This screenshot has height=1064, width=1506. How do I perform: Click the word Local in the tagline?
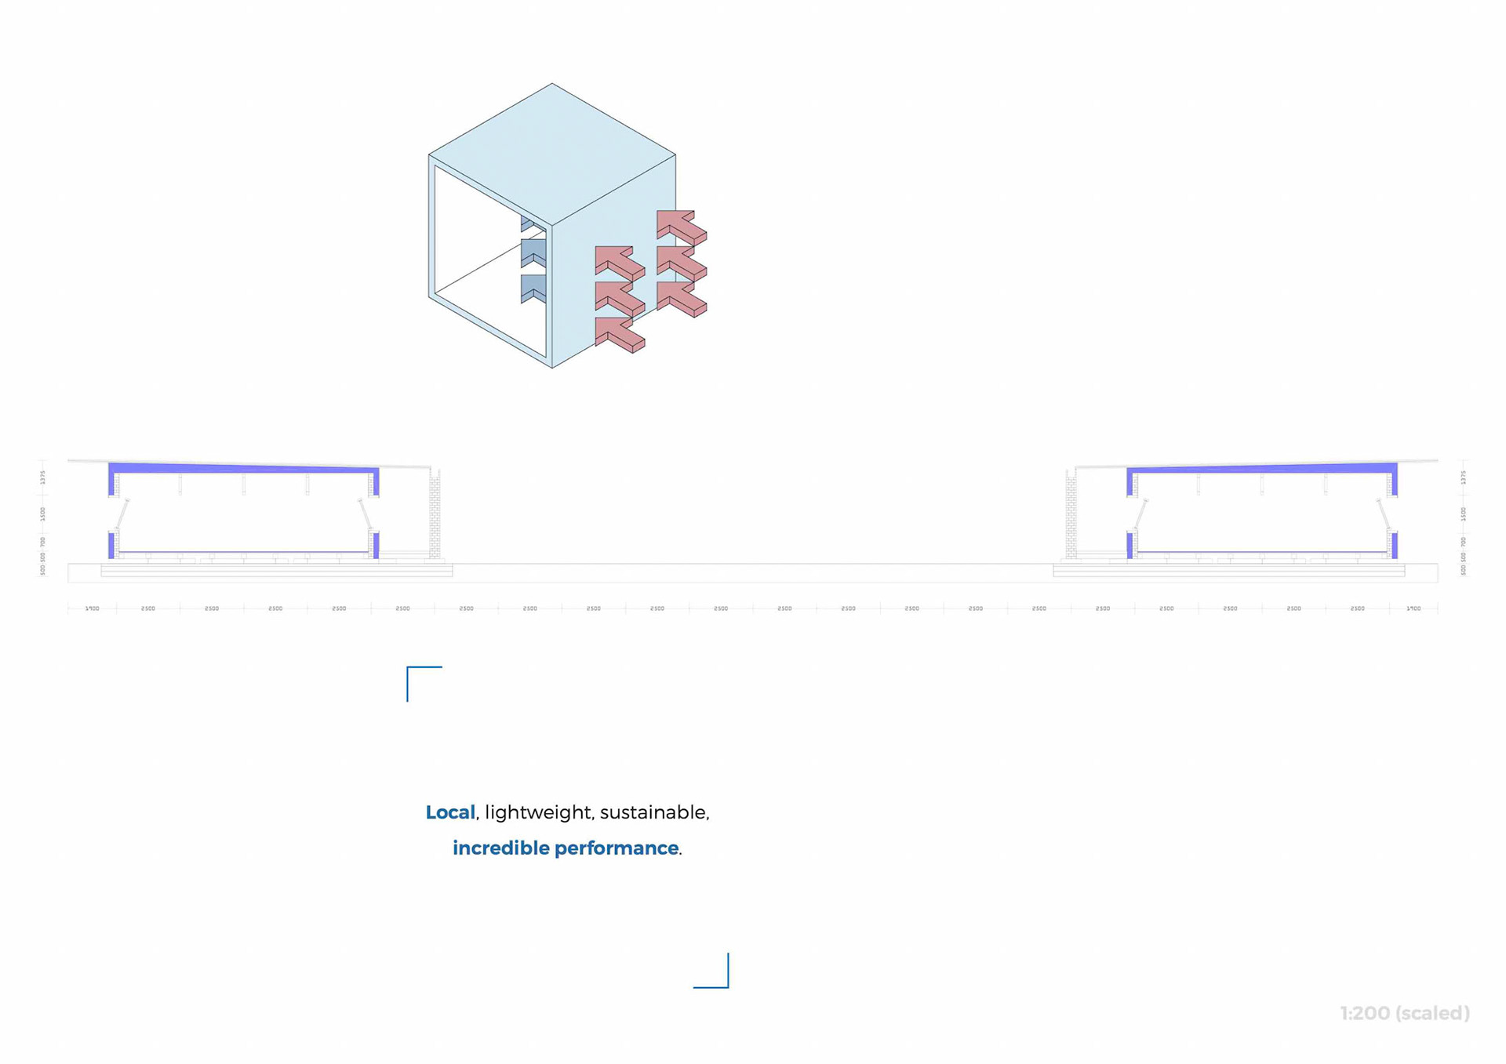449,812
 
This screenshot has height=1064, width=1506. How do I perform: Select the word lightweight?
537,812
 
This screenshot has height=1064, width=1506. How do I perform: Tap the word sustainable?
653,812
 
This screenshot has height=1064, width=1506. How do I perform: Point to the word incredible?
500,848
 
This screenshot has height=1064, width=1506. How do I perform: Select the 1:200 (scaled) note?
1404,1013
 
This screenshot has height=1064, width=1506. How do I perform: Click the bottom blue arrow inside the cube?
533,288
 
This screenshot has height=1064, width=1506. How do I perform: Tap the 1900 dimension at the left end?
92,608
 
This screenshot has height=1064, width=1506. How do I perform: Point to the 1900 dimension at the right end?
1413,608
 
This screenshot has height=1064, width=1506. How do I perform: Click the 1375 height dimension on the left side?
43,477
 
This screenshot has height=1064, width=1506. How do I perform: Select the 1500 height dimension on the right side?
1463,514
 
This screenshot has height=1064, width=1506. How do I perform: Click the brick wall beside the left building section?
435,514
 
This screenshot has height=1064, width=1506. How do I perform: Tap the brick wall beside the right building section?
1071,514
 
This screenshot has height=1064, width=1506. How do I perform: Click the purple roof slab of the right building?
1263,469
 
